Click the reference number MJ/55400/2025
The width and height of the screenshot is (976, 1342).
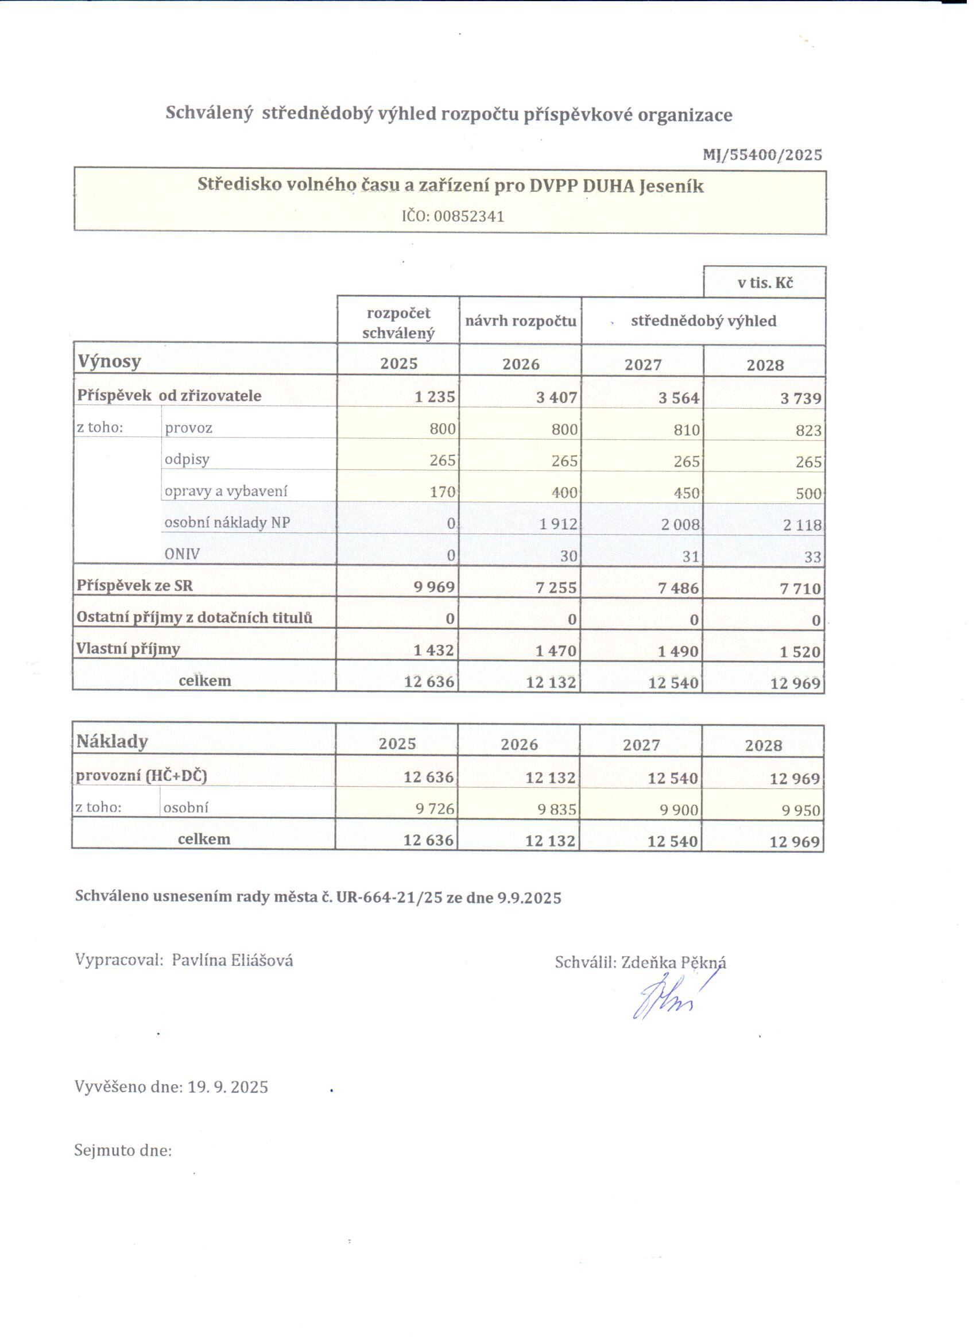762,155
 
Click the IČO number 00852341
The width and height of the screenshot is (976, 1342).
469,216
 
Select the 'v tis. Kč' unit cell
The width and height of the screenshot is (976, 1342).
764,283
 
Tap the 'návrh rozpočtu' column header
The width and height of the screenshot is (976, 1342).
521,322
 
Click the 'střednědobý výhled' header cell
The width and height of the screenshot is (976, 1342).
703,322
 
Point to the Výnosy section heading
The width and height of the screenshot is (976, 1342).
110,361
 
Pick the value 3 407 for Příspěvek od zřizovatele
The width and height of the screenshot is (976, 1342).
556,397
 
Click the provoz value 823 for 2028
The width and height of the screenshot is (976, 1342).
808,430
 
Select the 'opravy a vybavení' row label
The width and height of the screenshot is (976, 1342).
226,491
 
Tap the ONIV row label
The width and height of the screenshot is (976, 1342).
182,555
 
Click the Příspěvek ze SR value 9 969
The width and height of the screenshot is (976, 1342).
434,587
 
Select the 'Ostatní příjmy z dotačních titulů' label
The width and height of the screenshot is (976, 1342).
194,618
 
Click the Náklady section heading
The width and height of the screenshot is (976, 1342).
112,741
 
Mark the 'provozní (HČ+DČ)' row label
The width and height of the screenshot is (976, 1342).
141,776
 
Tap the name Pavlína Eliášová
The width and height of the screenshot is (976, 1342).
232,960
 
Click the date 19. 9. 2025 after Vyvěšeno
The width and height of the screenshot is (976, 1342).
228,1087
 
